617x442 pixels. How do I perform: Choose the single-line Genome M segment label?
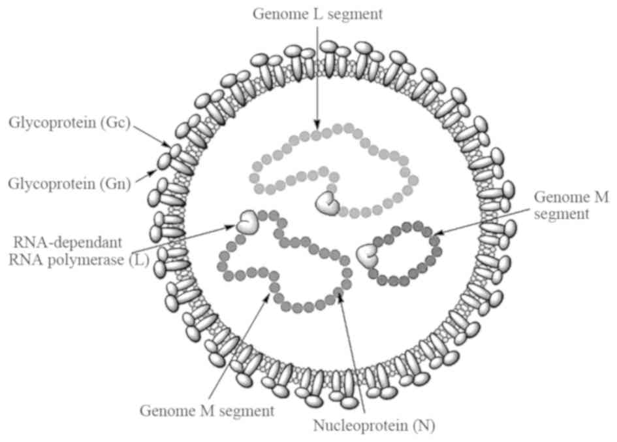(207, 411)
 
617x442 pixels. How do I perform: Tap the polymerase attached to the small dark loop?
(368, 254)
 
